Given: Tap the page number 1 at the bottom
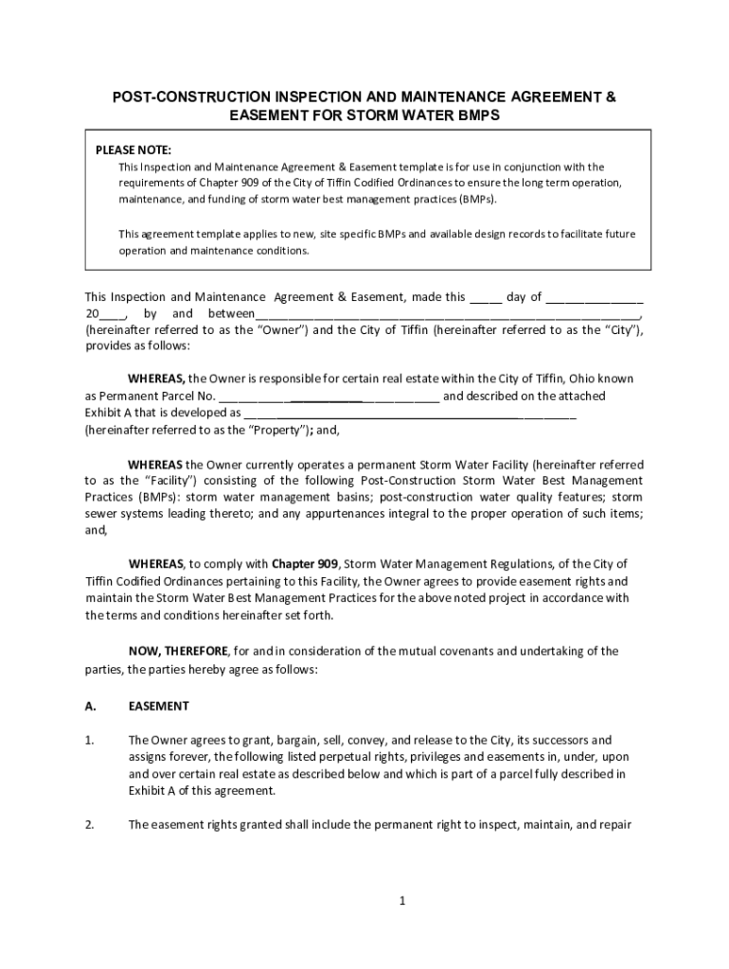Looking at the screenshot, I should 401,901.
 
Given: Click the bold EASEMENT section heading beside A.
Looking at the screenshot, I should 159,706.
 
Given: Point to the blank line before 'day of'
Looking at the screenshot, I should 486,298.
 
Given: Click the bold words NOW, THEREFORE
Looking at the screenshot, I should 178,651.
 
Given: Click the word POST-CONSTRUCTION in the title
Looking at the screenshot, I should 191,97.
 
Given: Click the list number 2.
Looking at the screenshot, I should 89,824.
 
